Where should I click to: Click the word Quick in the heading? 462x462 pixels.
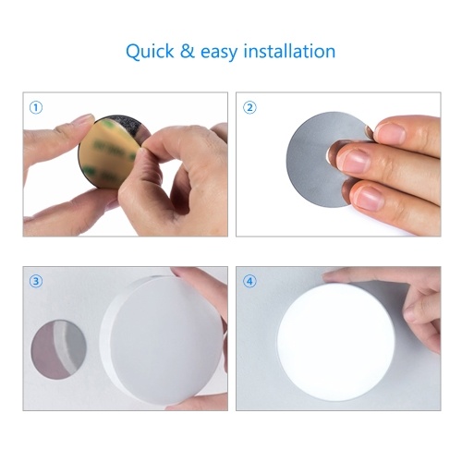(x=150, y=52)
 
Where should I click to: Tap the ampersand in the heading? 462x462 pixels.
(x=188, y=51)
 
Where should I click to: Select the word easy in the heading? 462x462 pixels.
(x=219, y=53)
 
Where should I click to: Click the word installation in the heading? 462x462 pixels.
(x=289, y=51)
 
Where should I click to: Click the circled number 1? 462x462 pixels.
(x=36, y=108)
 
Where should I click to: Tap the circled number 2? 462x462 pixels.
(x=249, y=108)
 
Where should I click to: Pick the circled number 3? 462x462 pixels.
(x=36, y=281)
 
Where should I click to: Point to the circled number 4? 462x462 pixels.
(x=249, y=281)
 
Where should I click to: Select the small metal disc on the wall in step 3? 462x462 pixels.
(x=58, y=349)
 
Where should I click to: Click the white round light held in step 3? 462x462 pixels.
(x=164, y=340)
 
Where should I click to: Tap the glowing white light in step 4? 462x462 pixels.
(x=335, y=342)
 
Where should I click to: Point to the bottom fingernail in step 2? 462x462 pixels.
(x=371, y=198)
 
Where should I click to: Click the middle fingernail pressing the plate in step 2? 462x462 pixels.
(x=354, y=160)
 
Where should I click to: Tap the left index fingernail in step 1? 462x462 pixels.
(x=84, y=118)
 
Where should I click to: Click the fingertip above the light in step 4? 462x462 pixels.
(x=335, y=275)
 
